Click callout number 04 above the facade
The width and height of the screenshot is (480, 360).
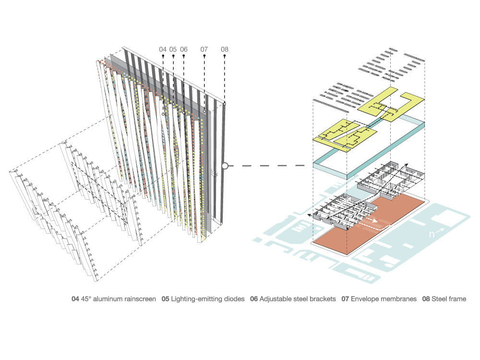(163, 49)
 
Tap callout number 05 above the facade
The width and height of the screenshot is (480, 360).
(173, 49)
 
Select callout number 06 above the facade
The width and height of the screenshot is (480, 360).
(184, 49)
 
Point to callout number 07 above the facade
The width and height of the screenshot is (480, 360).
(204, 49)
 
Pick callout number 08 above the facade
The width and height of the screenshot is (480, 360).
(225, 49)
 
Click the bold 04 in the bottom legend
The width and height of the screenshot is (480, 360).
(75, 299)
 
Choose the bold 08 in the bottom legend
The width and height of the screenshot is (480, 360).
(426, 299)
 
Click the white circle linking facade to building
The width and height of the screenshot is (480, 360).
(225, 166)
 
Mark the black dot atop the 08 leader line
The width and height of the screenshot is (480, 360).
(225, 56)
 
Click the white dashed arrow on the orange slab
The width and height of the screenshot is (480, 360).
(372, 222)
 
